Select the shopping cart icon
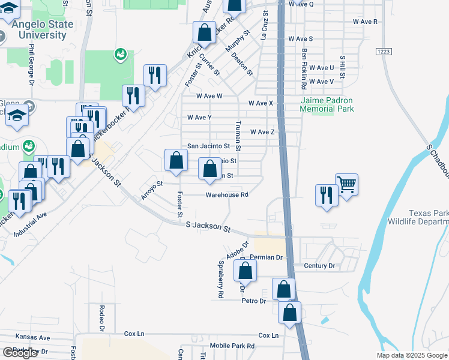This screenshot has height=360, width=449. pos(346,184)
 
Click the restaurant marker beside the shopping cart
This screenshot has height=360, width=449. pos(327,196)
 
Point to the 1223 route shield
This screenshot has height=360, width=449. pos(385,52)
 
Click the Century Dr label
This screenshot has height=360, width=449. pos(319,265)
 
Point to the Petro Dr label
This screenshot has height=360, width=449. pos(254,301)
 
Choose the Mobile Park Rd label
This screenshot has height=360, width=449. pos(232,346)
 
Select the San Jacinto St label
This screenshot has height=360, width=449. pos(208,146)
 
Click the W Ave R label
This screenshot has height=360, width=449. pos(366,21)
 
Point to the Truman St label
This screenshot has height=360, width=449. pos(238,136)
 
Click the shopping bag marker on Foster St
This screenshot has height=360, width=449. pos(175,161)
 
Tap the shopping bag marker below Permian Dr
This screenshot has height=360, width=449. pos(246,271)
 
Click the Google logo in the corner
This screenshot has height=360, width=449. pos(20,353)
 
